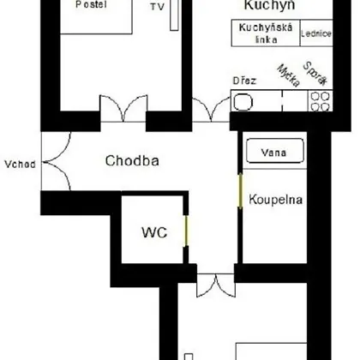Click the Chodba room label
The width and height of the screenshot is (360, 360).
[132, 160]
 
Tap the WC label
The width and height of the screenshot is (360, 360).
[154, 232]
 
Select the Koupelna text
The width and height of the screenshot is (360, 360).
[276, 200]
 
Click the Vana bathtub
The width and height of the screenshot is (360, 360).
[275, 151]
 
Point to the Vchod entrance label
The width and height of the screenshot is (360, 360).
[21, 165]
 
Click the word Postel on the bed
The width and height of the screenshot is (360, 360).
[91, 4]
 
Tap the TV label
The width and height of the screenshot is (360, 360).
[158, 7]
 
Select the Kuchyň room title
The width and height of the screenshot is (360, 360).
[269, 5]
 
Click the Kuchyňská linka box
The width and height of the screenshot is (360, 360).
[266, 33]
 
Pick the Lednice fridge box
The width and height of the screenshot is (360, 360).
[316, 33]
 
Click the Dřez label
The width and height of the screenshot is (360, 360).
[244, 81]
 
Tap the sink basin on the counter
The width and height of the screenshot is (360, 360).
[243, 102]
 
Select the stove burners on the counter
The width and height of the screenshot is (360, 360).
[321, 101]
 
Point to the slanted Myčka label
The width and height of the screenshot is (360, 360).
[289, 75]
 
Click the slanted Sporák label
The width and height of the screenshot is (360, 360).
[315, 74]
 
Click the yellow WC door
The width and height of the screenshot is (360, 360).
[186, 231]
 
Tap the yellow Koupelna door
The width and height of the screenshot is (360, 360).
[240, 190]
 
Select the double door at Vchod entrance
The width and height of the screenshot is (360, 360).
[56, 161]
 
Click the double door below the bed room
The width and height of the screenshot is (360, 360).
[123, 109]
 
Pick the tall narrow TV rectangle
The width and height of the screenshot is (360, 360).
[174, 15]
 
